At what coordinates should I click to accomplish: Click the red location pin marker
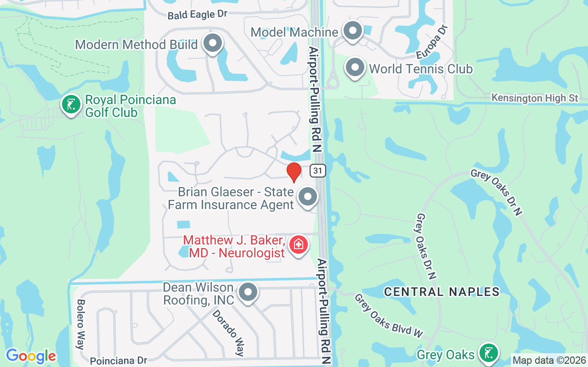coord(294,172)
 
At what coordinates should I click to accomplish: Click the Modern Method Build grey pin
coord(212,44)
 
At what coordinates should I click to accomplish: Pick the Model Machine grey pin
coord(353,31)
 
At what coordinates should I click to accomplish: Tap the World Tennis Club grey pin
coord(355,68)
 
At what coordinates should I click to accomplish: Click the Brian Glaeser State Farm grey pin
coord(307,197)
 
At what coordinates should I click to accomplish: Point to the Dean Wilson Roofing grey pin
coord(249,291)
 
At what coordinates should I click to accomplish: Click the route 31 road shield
coord(317,171)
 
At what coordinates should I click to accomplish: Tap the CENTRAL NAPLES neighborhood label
coord(441,291)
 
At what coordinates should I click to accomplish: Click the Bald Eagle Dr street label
coord(198,15)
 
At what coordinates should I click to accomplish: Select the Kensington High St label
coord(534,98)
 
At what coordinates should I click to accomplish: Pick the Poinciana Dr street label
coord(118,361)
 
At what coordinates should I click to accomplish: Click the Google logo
coord(31,356)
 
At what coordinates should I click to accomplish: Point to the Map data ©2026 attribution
coord(549,361)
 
